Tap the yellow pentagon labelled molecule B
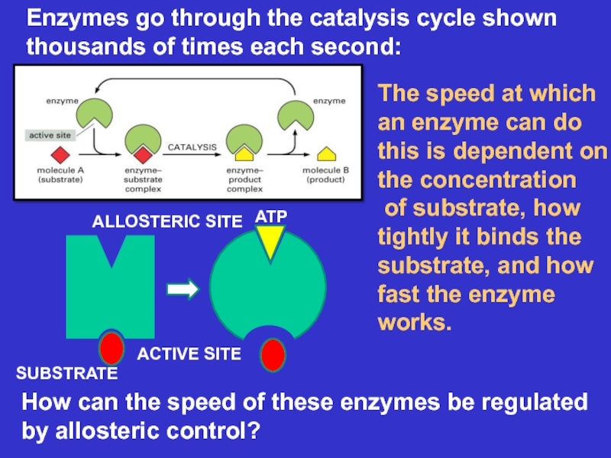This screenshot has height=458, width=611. coord(325,151)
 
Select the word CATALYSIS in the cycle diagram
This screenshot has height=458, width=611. coord(192,146)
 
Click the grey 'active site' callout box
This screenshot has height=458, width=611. coord(50,135)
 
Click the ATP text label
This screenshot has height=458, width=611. coord(270,218)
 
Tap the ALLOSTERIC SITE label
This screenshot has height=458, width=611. coord(166,221)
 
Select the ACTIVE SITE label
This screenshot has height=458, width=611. coord(189,353)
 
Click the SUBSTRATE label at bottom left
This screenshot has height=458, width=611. coord(67,373)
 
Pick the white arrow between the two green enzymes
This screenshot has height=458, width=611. coord(182,289)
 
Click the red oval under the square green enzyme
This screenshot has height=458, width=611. coord(112,347)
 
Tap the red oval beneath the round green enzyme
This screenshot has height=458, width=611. coord(273,355)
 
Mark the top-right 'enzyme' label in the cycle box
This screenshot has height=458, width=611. coord(329,101)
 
